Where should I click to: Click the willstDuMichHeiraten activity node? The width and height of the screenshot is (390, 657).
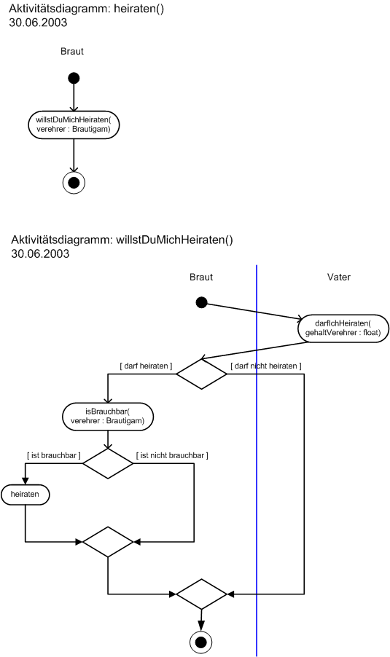coord(74,125)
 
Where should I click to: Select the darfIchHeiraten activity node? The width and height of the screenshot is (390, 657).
coord(343,328)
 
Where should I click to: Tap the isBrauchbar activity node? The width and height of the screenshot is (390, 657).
coord(108,417)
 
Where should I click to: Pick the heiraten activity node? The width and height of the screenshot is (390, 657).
coord(26,495)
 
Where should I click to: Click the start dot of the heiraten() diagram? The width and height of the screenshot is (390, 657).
coord(74,78)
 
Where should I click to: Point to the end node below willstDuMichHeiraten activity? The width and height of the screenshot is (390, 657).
coord(74,183)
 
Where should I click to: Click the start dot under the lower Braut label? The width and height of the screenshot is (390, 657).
coord(202,302)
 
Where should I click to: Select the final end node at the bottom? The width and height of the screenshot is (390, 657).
coord(201,642)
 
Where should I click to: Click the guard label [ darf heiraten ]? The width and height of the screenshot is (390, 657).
coord(146,366)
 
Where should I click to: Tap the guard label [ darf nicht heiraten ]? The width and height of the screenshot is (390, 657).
coord(266,366)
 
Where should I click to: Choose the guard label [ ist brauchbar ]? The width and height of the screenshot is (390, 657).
coord(54,455)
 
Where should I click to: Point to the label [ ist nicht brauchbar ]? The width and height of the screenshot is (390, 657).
coord(172,455)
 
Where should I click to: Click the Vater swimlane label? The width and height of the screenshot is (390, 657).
coord(339,277)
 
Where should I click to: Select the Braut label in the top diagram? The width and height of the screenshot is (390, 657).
coord(72,51)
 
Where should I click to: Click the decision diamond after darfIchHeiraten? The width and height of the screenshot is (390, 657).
coord(201,374)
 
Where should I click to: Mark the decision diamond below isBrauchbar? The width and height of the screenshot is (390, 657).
coord(108,463)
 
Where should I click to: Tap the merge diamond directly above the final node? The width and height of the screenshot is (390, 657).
coord(201,594)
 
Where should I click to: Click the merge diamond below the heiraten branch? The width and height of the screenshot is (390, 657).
coord(108,542)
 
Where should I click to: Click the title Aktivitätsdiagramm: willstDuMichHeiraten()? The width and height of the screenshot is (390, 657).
coord(122,240)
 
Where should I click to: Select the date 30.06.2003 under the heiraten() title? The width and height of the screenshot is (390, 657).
coord(38,22)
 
